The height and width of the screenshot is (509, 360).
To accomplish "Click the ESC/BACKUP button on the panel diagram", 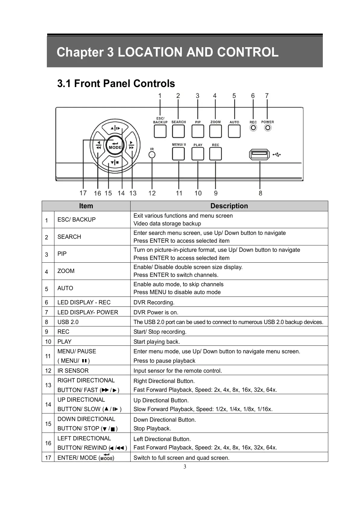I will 160,131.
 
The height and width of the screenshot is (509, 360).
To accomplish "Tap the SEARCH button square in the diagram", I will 178,131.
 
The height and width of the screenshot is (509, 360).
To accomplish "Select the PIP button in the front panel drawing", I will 198,131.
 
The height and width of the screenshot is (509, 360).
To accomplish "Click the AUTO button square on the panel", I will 234,131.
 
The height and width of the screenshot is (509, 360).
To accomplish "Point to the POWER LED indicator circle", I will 268,128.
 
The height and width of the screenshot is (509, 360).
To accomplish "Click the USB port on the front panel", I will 259,155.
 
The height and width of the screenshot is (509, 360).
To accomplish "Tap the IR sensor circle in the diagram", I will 152,155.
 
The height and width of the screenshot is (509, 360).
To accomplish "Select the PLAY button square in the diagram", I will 198,154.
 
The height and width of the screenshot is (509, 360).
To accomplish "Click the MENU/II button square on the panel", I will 178,154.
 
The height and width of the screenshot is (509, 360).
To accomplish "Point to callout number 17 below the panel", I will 83,193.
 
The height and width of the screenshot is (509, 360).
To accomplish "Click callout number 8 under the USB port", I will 261,193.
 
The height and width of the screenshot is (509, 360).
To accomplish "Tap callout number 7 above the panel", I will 267,96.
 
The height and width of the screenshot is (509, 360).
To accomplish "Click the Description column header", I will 229,206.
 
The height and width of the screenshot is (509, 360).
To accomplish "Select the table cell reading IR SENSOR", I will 73,371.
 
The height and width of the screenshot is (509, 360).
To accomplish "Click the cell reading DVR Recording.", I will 154,302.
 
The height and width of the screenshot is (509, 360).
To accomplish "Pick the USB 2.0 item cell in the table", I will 68,322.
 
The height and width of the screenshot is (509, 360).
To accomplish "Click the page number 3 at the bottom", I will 185,467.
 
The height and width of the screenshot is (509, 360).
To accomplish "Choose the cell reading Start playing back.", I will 157,342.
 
